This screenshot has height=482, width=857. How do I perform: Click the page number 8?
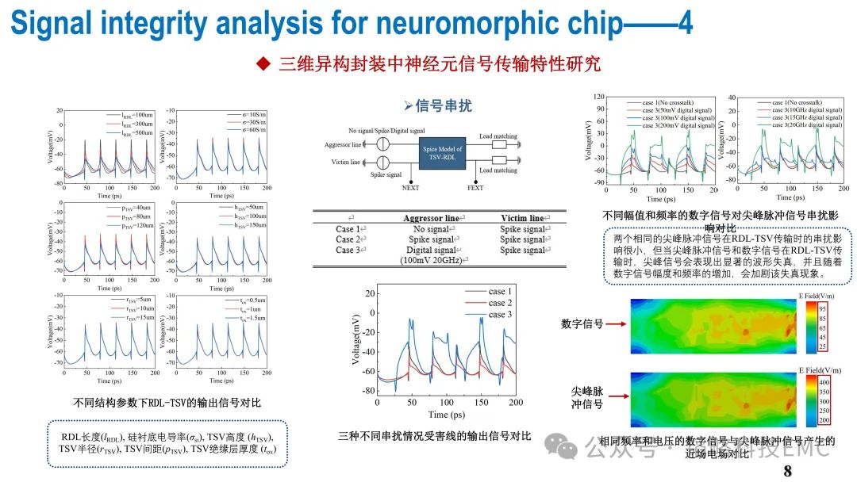(x=788, y=472)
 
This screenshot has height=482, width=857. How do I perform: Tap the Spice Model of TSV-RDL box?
(x=440, y=151)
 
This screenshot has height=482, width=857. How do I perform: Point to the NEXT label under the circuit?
(x=411, y=189)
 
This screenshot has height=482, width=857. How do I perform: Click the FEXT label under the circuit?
(x=475, y=189)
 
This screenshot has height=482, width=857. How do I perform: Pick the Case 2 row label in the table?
(x=350, y=239)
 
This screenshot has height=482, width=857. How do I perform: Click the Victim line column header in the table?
(x=522, y=218)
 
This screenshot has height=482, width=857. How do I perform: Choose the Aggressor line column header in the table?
(x=431, y=218)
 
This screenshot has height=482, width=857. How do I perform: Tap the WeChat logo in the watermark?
(x=566, y=449)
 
